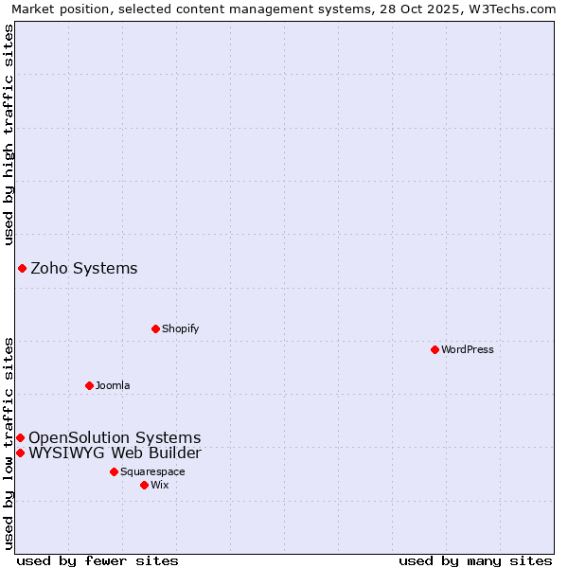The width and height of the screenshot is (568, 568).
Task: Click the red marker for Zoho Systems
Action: pyautogui.click(x=22, y=268)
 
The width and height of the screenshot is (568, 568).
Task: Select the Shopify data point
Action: pyautogui.click(x=155, y=328)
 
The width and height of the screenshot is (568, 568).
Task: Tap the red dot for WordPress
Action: pyautogui.click(x=435, y=349)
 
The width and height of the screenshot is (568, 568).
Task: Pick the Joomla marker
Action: pyautogui.click(x=89, y=385)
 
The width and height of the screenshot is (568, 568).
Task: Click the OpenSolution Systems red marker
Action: pyautogui.click(x=20, y=437)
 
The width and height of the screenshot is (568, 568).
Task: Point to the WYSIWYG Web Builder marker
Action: pyautogui.click(x=20, y=453)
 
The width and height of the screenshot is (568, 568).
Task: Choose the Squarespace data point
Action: pyautogui.click(x=114, y=471)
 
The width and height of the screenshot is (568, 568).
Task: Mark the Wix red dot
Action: pyautogui.click(x=144, y=485)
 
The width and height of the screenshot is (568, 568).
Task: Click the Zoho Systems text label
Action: pyautogui.click(x=84, y=268)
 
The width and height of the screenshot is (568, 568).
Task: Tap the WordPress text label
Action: pyautogui.click(x=468, y=349)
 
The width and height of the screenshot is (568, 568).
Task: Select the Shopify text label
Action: pyautogui.click(x=180, y=328)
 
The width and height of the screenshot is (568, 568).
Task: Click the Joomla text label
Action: pyautogui.click(x=113, y=385)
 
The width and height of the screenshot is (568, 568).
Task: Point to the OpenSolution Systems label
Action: pyautogui.click(x=115, y=437)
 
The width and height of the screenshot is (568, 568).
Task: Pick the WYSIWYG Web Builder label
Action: pyautogui.click(x=115, y=453)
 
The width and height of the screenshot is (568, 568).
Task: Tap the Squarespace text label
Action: pyautogui.click(x=152, y=471)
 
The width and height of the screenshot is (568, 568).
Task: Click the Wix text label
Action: pyautogui.click(x=159, y=485)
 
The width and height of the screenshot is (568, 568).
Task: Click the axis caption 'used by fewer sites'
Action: pyautogui.click(x=98, y=560)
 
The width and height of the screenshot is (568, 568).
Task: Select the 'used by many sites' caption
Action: pyautogui.click(x=475, y=560)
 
